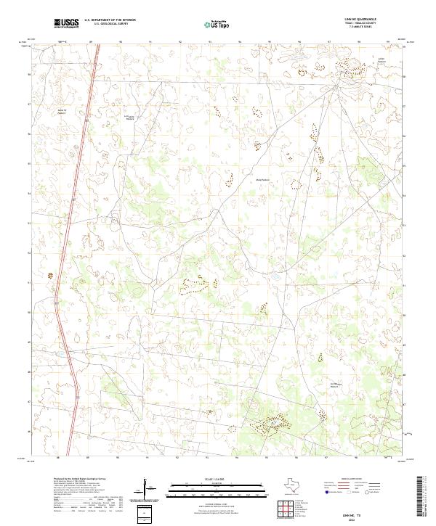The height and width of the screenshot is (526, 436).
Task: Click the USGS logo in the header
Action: coord(67,24)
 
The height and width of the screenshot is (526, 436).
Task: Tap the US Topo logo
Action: coord(217,25)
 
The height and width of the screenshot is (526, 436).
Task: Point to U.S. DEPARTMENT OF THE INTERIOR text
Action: coord(110,21)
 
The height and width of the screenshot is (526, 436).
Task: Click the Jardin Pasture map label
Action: coord(380,60)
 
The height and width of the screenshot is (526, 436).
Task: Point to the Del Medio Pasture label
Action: coord(336,385)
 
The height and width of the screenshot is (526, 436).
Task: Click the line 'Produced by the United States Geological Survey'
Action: coord(79,480)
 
